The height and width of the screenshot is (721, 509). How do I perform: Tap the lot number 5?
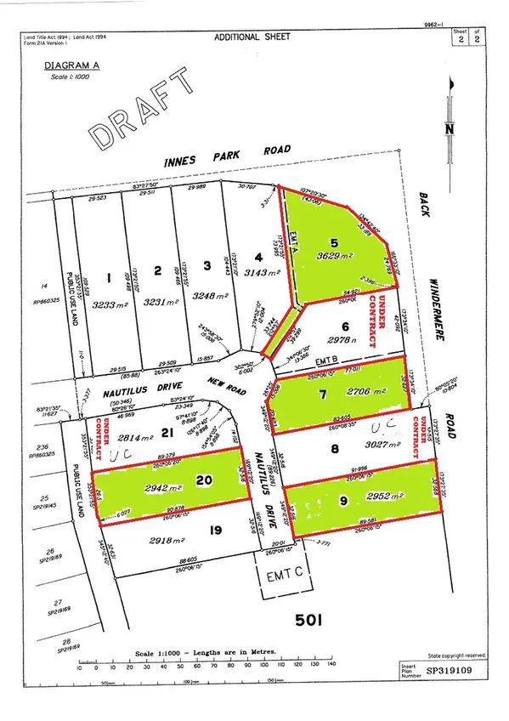(x=334, y=243)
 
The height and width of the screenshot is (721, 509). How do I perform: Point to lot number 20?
(x=203, y=480)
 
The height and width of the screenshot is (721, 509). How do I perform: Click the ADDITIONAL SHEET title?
(x=252, y=38)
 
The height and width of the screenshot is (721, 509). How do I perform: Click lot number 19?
(x=216, y=531)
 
